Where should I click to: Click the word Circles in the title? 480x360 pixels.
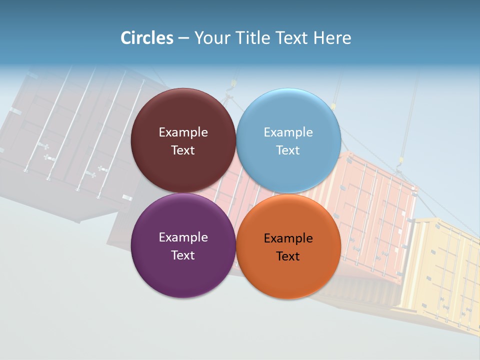point(146,38)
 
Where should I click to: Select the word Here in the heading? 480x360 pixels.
point(332,38)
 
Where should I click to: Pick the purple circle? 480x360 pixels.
point(183,272)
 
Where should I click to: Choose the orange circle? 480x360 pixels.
point(288,275)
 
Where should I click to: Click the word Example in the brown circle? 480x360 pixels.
point(183,132)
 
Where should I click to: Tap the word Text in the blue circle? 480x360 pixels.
point(288,150)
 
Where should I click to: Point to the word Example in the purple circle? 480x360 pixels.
point(183,237)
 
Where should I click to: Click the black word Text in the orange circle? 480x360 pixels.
point(288,256)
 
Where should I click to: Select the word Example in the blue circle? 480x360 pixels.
point(288,132)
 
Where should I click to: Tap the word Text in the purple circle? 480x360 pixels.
point(183,255)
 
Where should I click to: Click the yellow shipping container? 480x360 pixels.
point(442,270)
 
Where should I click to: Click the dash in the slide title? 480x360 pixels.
point(183,38)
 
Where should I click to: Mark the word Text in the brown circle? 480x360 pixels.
point(183,150)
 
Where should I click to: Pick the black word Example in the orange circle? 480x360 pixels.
point(288,238)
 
